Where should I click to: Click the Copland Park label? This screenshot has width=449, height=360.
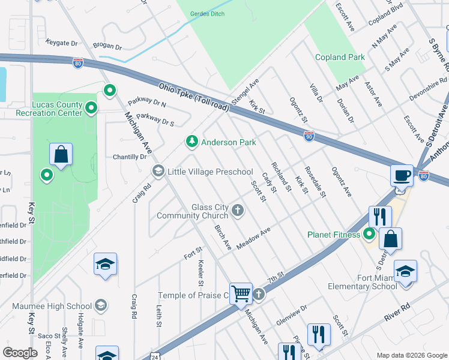[x=340, y=57]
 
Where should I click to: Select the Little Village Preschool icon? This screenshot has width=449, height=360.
[x=158, y=172]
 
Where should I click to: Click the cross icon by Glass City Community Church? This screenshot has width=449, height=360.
[x=238, y=210]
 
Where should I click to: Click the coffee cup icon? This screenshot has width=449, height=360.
[x=402, y=176]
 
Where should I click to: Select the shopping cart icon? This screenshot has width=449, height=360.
[x=241, y=293]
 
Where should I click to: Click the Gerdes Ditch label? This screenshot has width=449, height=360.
[x=206, y=13]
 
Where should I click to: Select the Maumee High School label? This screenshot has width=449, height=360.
[x=52, y=306]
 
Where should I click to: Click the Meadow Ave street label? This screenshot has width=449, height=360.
[x=253, y=238]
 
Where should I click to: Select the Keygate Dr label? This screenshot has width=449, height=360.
[x=61, y=43]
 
